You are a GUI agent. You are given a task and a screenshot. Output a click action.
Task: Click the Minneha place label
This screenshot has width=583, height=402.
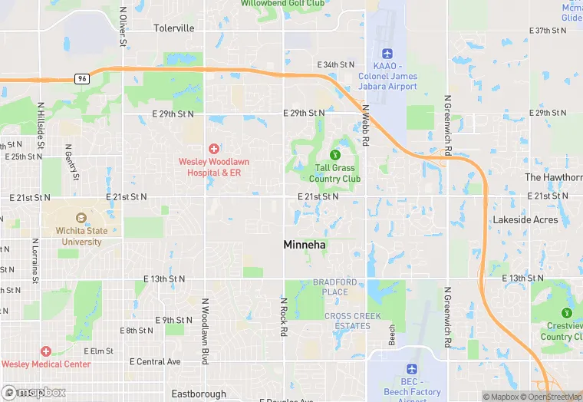click(305, 245)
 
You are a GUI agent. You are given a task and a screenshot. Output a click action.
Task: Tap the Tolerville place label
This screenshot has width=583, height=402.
click(173, 28)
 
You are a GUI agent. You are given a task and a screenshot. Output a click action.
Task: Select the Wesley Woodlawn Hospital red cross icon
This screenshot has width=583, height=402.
click(214, 148)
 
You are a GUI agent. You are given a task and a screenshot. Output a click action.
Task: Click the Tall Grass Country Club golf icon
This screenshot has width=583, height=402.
click(334, 155)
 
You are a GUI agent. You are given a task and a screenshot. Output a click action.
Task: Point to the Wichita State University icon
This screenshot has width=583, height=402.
click(81, 218)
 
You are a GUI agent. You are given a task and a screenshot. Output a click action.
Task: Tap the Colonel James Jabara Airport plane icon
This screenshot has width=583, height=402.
click(387, 54)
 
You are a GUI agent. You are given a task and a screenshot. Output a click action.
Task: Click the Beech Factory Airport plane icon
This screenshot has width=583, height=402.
click(413, 369)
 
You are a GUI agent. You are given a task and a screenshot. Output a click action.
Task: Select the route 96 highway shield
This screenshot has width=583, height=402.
click(82, 78)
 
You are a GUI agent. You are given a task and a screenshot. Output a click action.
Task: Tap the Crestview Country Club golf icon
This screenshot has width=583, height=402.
click(567, 313)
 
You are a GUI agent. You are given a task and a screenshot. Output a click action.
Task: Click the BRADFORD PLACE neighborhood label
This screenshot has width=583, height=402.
click(334, 287)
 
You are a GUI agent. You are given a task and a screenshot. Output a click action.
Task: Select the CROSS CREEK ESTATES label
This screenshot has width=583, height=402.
click(347, 321)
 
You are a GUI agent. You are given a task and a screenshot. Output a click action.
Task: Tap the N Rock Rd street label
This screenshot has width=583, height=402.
click(284, 315)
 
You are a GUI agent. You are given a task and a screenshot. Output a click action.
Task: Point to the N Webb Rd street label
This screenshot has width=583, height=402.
click(367, 126)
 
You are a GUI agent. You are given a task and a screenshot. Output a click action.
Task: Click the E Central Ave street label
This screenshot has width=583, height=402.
click(155, 361)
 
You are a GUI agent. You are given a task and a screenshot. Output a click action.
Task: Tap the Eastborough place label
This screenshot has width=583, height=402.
click(198, 394)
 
